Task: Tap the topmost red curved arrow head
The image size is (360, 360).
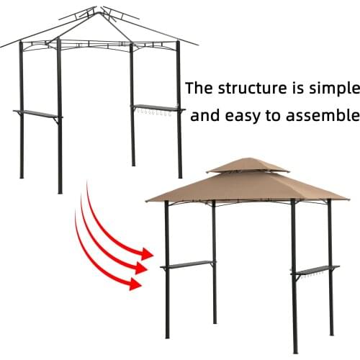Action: tap(148, 253)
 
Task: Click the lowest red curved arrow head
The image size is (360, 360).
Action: tap(135, 283)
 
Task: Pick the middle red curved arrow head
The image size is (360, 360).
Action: tap(142, 268)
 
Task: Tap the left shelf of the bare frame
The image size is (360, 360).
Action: tap(37, 113)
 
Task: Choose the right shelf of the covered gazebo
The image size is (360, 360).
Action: tap(315, 270)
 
